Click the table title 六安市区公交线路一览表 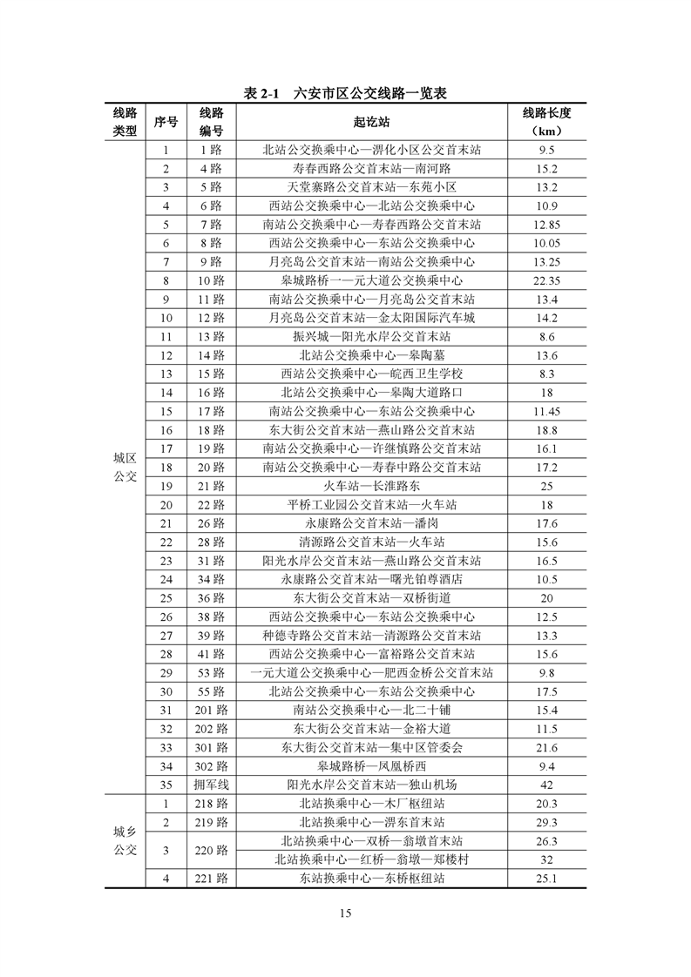[x=345, y=93]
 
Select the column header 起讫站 [x=371, y=122]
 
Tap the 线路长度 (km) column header [x=546, y=122]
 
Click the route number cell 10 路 [x=211, y=280]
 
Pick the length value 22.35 [x=546, y=280]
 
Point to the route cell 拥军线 [x=211, y=785]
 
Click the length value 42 [x=546, y=785]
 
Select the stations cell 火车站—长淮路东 [x=371, y=486]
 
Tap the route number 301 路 [x=211, y=747]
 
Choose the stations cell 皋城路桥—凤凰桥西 [x=371, y=766]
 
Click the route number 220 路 [x=211, y=851]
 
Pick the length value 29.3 [x=546, y=822]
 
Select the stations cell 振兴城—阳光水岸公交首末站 [x=371, y=336]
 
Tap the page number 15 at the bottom [x=345, y=913]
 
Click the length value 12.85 [x=546, y=224]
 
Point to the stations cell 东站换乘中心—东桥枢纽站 [x=371, y=879]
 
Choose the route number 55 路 [x=211, y=691]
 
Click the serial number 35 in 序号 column [x=166, y=785]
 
